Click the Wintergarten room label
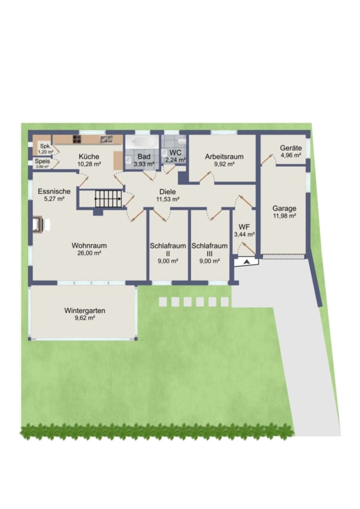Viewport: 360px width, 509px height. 84,310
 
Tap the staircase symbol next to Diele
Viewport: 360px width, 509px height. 109,199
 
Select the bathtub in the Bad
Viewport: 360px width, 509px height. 141,142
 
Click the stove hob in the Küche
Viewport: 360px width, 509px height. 76,139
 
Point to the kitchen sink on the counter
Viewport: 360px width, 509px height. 106,139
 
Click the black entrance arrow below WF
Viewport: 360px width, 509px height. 247,262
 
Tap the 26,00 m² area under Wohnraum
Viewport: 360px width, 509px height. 89,253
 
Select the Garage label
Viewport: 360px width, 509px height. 284,208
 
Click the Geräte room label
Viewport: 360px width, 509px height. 291,148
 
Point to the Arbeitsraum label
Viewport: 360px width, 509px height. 224,157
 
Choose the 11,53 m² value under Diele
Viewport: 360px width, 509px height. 168,199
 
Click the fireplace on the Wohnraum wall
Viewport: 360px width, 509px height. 39,225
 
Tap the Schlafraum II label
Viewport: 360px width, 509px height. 168,249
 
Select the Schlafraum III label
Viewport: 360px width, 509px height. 209,249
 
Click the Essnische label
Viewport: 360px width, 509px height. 54,191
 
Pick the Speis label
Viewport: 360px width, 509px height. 42,161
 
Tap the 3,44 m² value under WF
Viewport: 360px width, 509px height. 244,234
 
